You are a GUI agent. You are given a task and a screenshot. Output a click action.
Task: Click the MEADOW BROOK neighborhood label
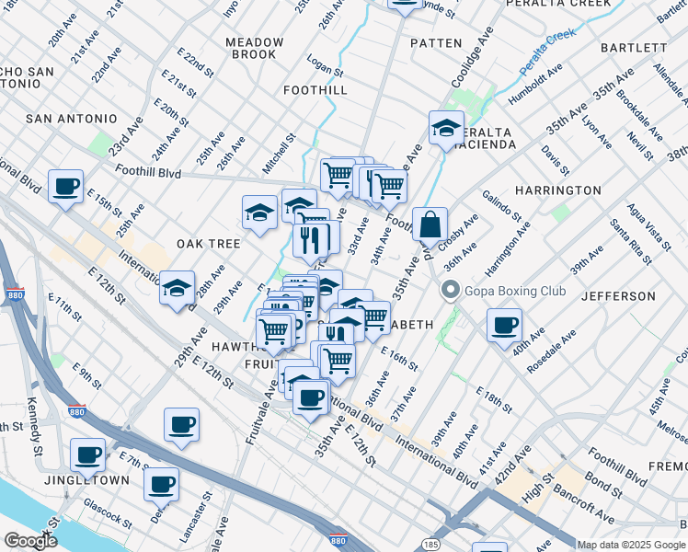pos(255,48)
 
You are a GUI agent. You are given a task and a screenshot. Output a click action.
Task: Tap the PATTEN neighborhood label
pos(436,43)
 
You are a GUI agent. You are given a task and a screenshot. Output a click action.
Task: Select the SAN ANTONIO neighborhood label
pos(72,119)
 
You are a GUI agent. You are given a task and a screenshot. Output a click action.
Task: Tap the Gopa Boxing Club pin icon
pos(450,291)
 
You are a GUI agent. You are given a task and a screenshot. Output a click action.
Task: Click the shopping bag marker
pos(430,224)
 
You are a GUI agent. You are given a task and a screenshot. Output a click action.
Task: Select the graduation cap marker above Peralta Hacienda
pos(446,128)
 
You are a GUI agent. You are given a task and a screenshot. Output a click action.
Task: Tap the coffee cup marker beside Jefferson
pos(504,325)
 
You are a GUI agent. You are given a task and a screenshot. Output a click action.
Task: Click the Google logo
pos(30,541)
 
